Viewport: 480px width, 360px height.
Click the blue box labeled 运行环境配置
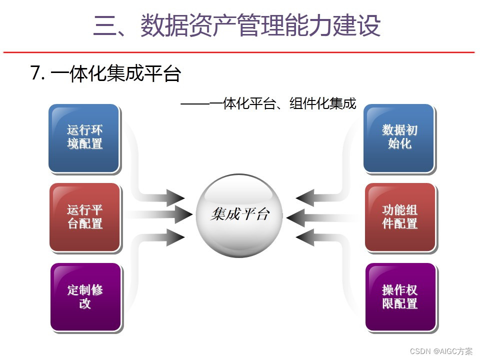(84, 137)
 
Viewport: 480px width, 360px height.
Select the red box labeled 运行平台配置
(85, 216)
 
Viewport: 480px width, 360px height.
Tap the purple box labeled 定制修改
(85, 296)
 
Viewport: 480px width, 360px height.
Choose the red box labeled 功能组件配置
(400, 216)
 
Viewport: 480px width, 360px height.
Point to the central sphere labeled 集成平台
(240, 215)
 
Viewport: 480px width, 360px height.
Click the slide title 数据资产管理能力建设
(260, 26)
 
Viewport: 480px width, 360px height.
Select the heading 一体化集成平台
(115, 74)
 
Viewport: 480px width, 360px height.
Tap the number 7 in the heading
(35, 74)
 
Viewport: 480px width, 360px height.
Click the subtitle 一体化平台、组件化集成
(282, 104)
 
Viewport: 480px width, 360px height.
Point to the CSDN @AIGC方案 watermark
(441, 351)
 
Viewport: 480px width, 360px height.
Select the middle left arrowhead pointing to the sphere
(183, 215)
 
